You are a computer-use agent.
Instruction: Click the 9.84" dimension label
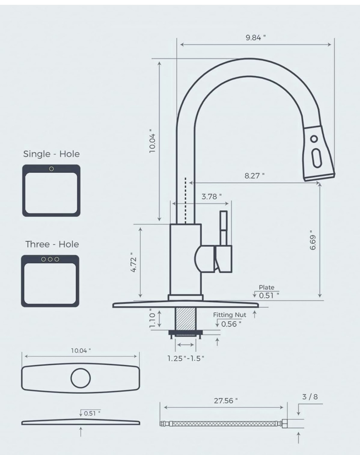[x=255, y=38]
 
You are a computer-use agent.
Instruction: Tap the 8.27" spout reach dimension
[x=254, y=176]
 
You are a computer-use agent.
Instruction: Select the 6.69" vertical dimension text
[x=313, y=240]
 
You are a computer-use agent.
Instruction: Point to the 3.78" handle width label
[x=211, y=196]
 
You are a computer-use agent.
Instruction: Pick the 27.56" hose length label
[x=226, y=401]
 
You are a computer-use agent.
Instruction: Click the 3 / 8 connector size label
[x=310, y=397]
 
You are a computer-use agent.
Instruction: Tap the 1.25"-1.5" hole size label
[x=186, y=358]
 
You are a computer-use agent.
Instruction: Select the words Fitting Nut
[x=230, y=315]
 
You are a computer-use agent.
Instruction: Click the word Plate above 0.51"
[x=266, y=287]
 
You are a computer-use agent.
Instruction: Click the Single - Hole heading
[x=51, y=154]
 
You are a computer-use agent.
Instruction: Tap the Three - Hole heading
[x=52, y=244]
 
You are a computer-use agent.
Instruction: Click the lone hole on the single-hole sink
[x=51, y=169]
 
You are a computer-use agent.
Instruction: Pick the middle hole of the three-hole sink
[x=50, y=259]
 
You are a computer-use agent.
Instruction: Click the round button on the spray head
[x=314, y=139]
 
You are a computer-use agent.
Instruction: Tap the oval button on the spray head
[x=316, y=158]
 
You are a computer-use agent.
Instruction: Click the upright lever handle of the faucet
[x=223, y=228]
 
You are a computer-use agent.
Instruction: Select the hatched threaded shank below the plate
[x=185, y=318]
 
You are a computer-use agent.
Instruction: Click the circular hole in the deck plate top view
[x=80, y=378]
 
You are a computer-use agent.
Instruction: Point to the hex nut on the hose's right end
[x=284, y=424]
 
